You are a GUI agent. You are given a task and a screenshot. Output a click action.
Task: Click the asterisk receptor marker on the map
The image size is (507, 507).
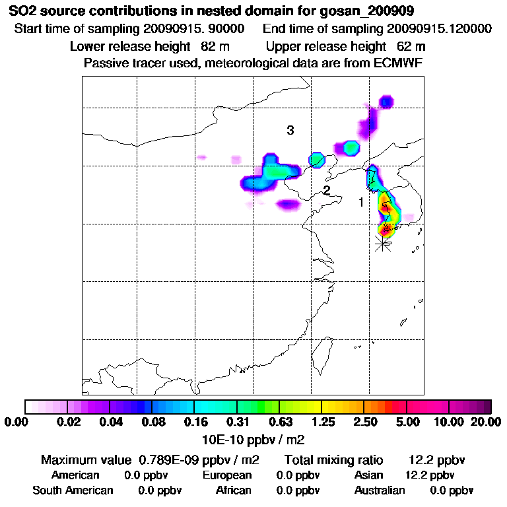pos(382,244)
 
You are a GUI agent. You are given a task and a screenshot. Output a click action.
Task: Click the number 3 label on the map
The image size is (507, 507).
pos(290,131)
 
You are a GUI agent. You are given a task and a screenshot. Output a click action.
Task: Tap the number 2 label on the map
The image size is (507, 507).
pos(326,191)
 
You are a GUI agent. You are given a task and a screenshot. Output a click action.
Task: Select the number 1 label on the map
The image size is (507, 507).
pos(361,202)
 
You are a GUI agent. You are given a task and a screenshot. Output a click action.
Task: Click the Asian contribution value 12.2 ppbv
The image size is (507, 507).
pos(429,475)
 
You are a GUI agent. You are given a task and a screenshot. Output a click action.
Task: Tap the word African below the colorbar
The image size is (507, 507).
pos(233,490)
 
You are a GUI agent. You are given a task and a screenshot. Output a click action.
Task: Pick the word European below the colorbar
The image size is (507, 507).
pos(227,475)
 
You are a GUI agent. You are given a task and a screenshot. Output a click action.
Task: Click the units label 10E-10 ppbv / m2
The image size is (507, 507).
pos(253,438)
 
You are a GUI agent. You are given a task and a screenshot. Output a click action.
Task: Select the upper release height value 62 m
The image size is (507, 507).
pos(411,46)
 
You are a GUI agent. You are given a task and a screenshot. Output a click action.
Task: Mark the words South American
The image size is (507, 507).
pos(73,490)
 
